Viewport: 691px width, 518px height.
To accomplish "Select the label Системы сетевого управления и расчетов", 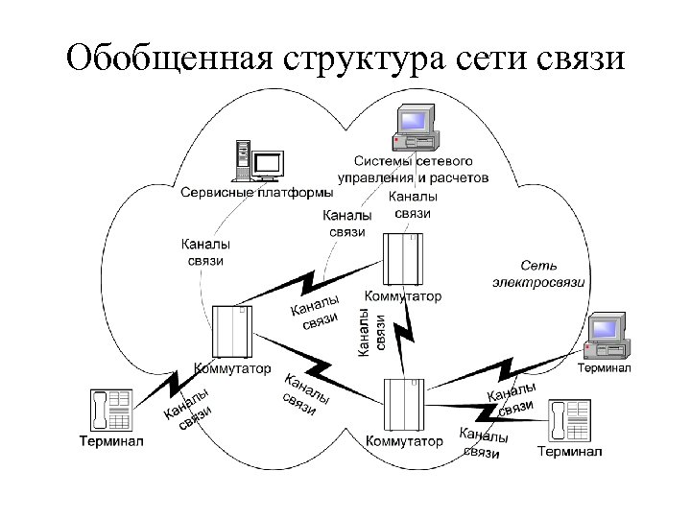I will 414,170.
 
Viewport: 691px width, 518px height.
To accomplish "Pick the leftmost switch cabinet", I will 231,332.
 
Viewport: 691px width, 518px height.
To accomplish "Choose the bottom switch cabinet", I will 403,406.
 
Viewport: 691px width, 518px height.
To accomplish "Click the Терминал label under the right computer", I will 604,369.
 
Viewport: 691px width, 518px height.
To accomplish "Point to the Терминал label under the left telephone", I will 111,442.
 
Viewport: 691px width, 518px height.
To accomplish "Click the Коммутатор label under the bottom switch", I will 405,442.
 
